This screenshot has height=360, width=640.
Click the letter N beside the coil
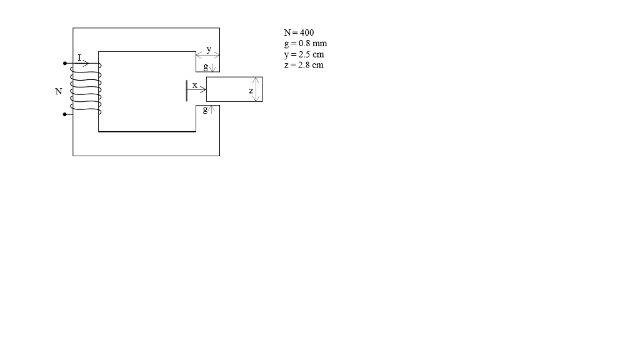pos(59,92)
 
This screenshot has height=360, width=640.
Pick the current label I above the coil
pos(79,57)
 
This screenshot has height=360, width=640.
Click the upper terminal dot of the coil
pos(64,63)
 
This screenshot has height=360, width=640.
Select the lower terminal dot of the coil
pos(64,114)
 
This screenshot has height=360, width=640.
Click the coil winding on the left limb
pos(86,91)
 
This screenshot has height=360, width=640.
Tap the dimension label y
pos(209,49)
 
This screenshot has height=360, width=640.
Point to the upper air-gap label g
pos(205,66)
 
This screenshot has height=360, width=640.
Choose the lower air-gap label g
pos(205,111)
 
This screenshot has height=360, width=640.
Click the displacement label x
pos(194,84)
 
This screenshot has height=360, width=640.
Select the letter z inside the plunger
pos(251,91)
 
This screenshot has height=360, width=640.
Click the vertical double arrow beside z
pos(256,89)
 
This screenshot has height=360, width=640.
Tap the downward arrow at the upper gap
pos(212,67)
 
